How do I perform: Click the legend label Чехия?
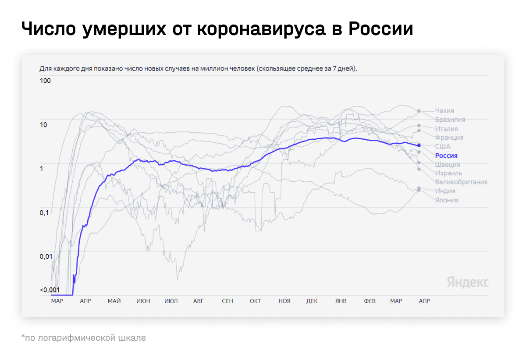pyautogui.click(x=444, y=111)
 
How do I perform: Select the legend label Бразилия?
pyautogui.click(x=450, y=120)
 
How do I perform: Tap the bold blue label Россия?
pyautogui.click(x=446, y=155)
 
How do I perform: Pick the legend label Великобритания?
pyautogui.click(x=461, y=182)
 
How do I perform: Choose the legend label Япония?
pyautogui.click(x=447, y=200)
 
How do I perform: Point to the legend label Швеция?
pyautogui.click(x=448, y=165)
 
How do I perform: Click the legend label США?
pyautogui.click(x=443, y=146)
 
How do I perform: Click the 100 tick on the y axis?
pyautogui.click(x=45, y=81)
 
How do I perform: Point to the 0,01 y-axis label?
pyautogui.click(x=46, y=256)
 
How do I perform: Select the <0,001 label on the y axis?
pyautogui.click(x=49, y=290)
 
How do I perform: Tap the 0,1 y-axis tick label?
pyautogui.click(x=44, y=212)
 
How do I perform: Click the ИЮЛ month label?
pyautogui.click(x=171, y=301)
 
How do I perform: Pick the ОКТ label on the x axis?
pyautogui.click(x=255, y=301)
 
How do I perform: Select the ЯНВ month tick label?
pyautogui.click(x=341, y=301)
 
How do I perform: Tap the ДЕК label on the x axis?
pyautogui.click(x=312, y=301)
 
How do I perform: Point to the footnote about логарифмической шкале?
pyautogui.click(x=83, y=338)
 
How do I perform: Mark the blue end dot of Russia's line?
pyautogui.click(x=419, y=145)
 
